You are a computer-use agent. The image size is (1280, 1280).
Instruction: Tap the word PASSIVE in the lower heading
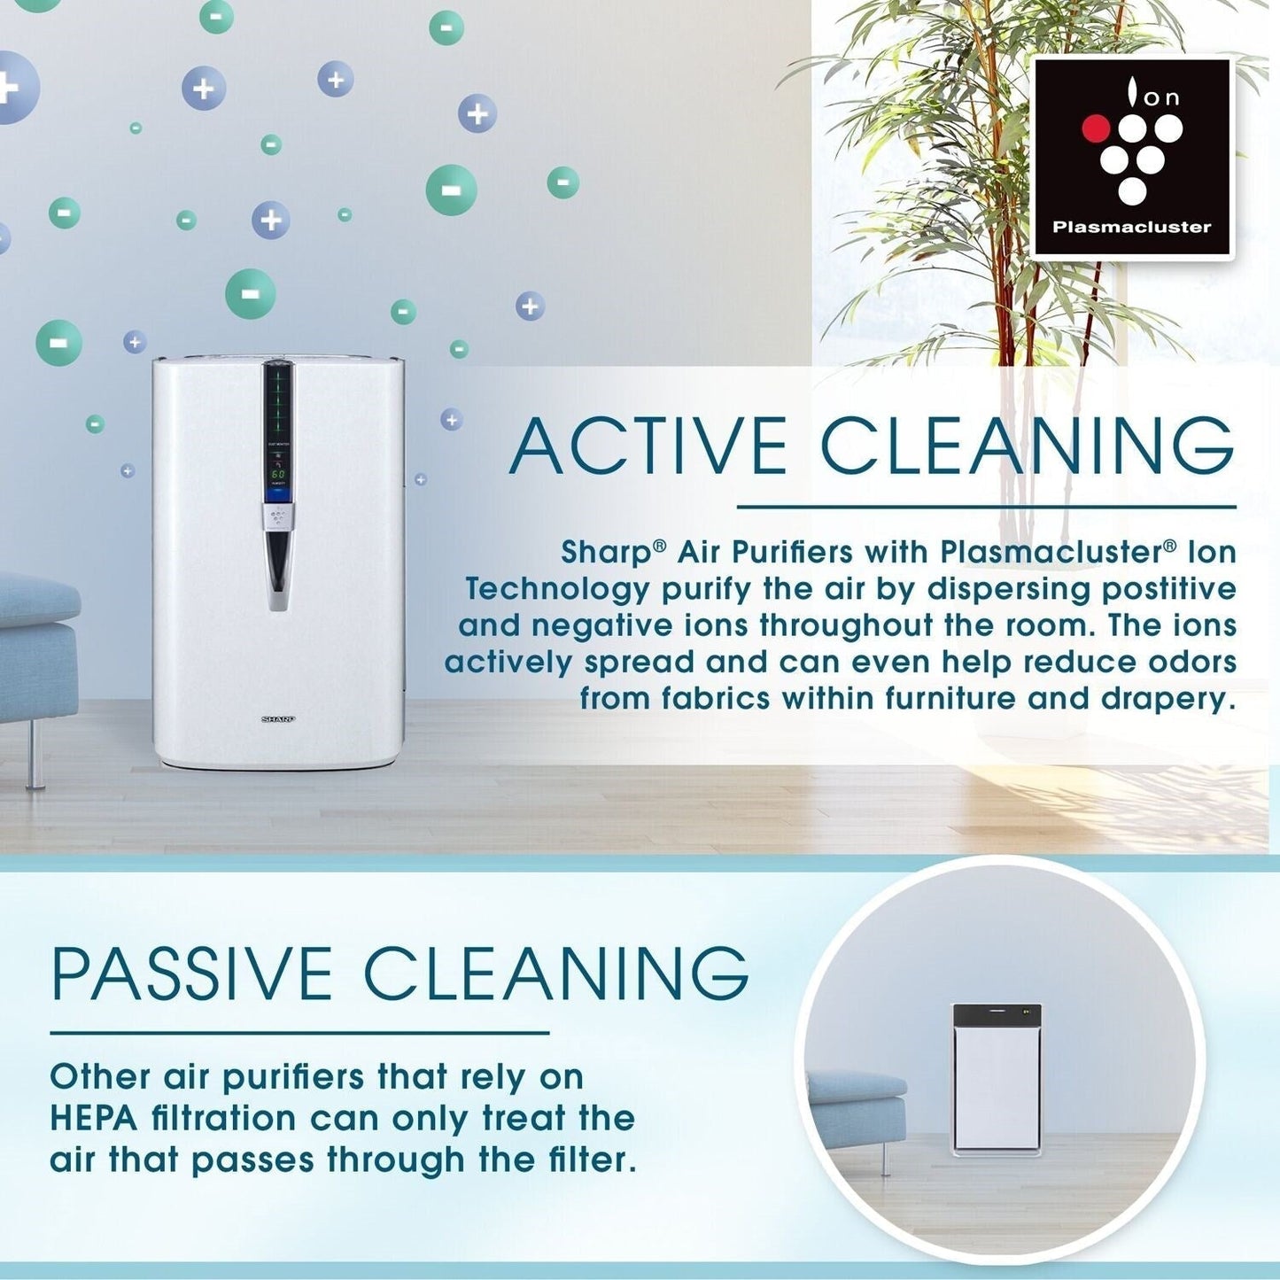click(191, 974)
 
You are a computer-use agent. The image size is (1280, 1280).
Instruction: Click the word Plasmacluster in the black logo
click(1131, 227)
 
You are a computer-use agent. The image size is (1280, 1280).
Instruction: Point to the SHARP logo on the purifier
click(277, 719)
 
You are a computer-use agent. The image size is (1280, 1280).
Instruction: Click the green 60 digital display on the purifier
click(278, 475)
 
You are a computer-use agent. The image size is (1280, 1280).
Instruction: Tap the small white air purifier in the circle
click(997, 1079)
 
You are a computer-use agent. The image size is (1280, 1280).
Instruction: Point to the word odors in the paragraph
click(1191, 662)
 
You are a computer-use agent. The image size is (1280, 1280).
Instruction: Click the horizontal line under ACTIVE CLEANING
click(986, 508)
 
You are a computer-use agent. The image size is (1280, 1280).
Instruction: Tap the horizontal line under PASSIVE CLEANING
click(299, 1033)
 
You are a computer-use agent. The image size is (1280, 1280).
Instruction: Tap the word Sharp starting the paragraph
click(606, 553)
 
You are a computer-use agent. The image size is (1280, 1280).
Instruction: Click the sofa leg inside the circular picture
click(884, 1158)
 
